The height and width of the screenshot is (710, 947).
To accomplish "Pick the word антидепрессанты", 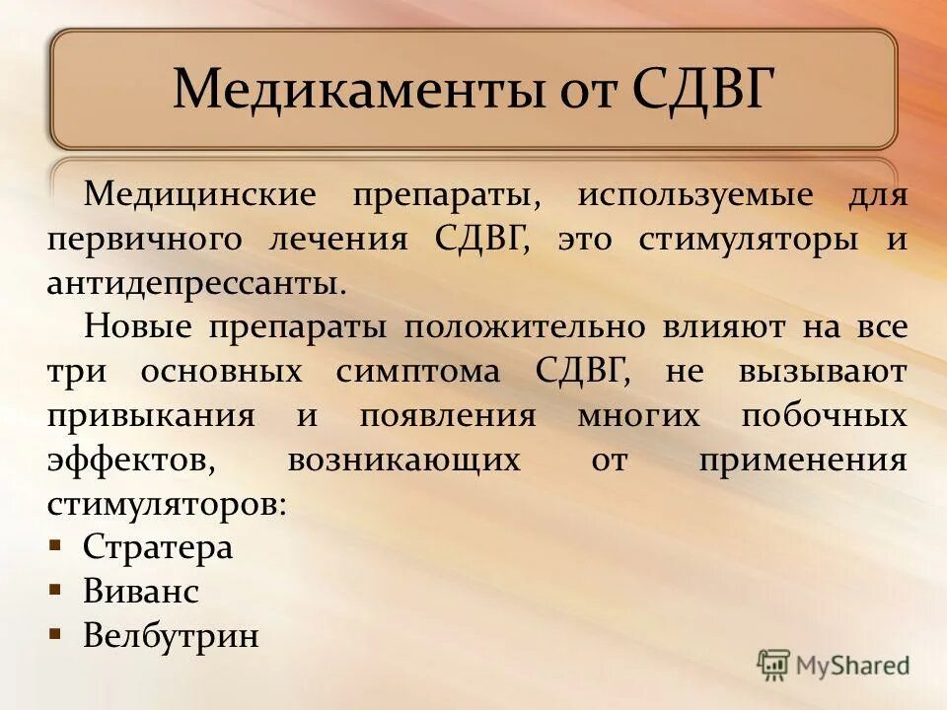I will click(196, 285).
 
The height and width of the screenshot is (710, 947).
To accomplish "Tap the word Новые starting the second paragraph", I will click(138, 327).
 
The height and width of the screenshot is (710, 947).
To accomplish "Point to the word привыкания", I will click(151, 416).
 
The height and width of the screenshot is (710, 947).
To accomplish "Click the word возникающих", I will click(403, 461).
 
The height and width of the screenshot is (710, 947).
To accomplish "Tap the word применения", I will click(802, 461).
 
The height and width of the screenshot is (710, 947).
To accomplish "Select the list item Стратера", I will click(158, 547).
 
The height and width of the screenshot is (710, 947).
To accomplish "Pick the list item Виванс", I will click(141, 592).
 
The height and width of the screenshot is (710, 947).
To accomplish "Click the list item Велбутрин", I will click(171, 635).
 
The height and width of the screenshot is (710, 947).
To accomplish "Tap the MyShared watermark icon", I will click(773, 665).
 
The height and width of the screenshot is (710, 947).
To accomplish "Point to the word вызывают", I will click(820, 373).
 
